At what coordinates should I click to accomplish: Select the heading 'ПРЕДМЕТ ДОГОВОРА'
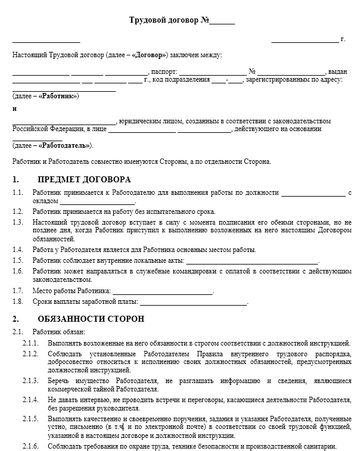point(84,179)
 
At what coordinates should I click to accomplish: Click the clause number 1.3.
point(18,222)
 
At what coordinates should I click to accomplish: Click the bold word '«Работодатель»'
point(64,145)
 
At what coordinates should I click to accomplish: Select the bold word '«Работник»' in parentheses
point(58,96)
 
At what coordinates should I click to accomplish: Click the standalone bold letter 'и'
point(14,109)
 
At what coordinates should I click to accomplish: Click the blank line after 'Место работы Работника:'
point(162,291)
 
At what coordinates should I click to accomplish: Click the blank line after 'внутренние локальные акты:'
point(253,261)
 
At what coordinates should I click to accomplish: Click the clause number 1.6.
point(18,272)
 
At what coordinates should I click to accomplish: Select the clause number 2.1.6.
point(30,447)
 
